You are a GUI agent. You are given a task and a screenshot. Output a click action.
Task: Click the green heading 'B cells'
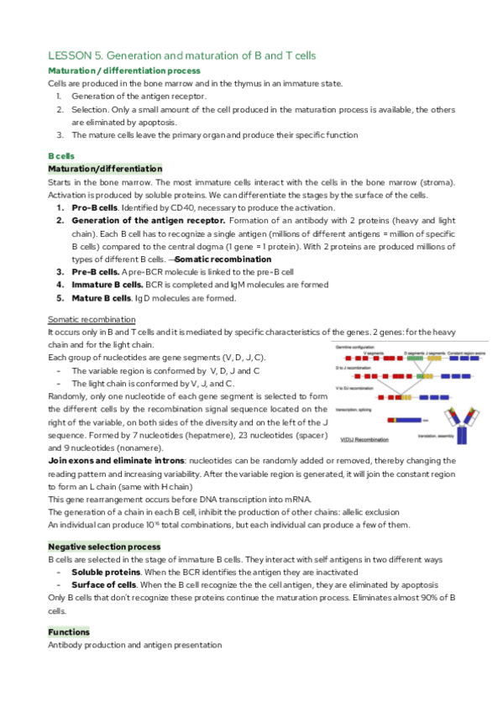click(62, 155)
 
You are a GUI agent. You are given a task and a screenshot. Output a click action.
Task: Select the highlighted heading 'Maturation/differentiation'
click(93, 169)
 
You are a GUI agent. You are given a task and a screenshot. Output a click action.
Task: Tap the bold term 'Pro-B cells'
click(94, 207)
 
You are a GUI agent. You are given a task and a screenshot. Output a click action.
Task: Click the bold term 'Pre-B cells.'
click(96, 272)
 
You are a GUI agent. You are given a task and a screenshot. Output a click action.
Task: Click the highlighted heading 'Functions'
click(69, 631)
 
